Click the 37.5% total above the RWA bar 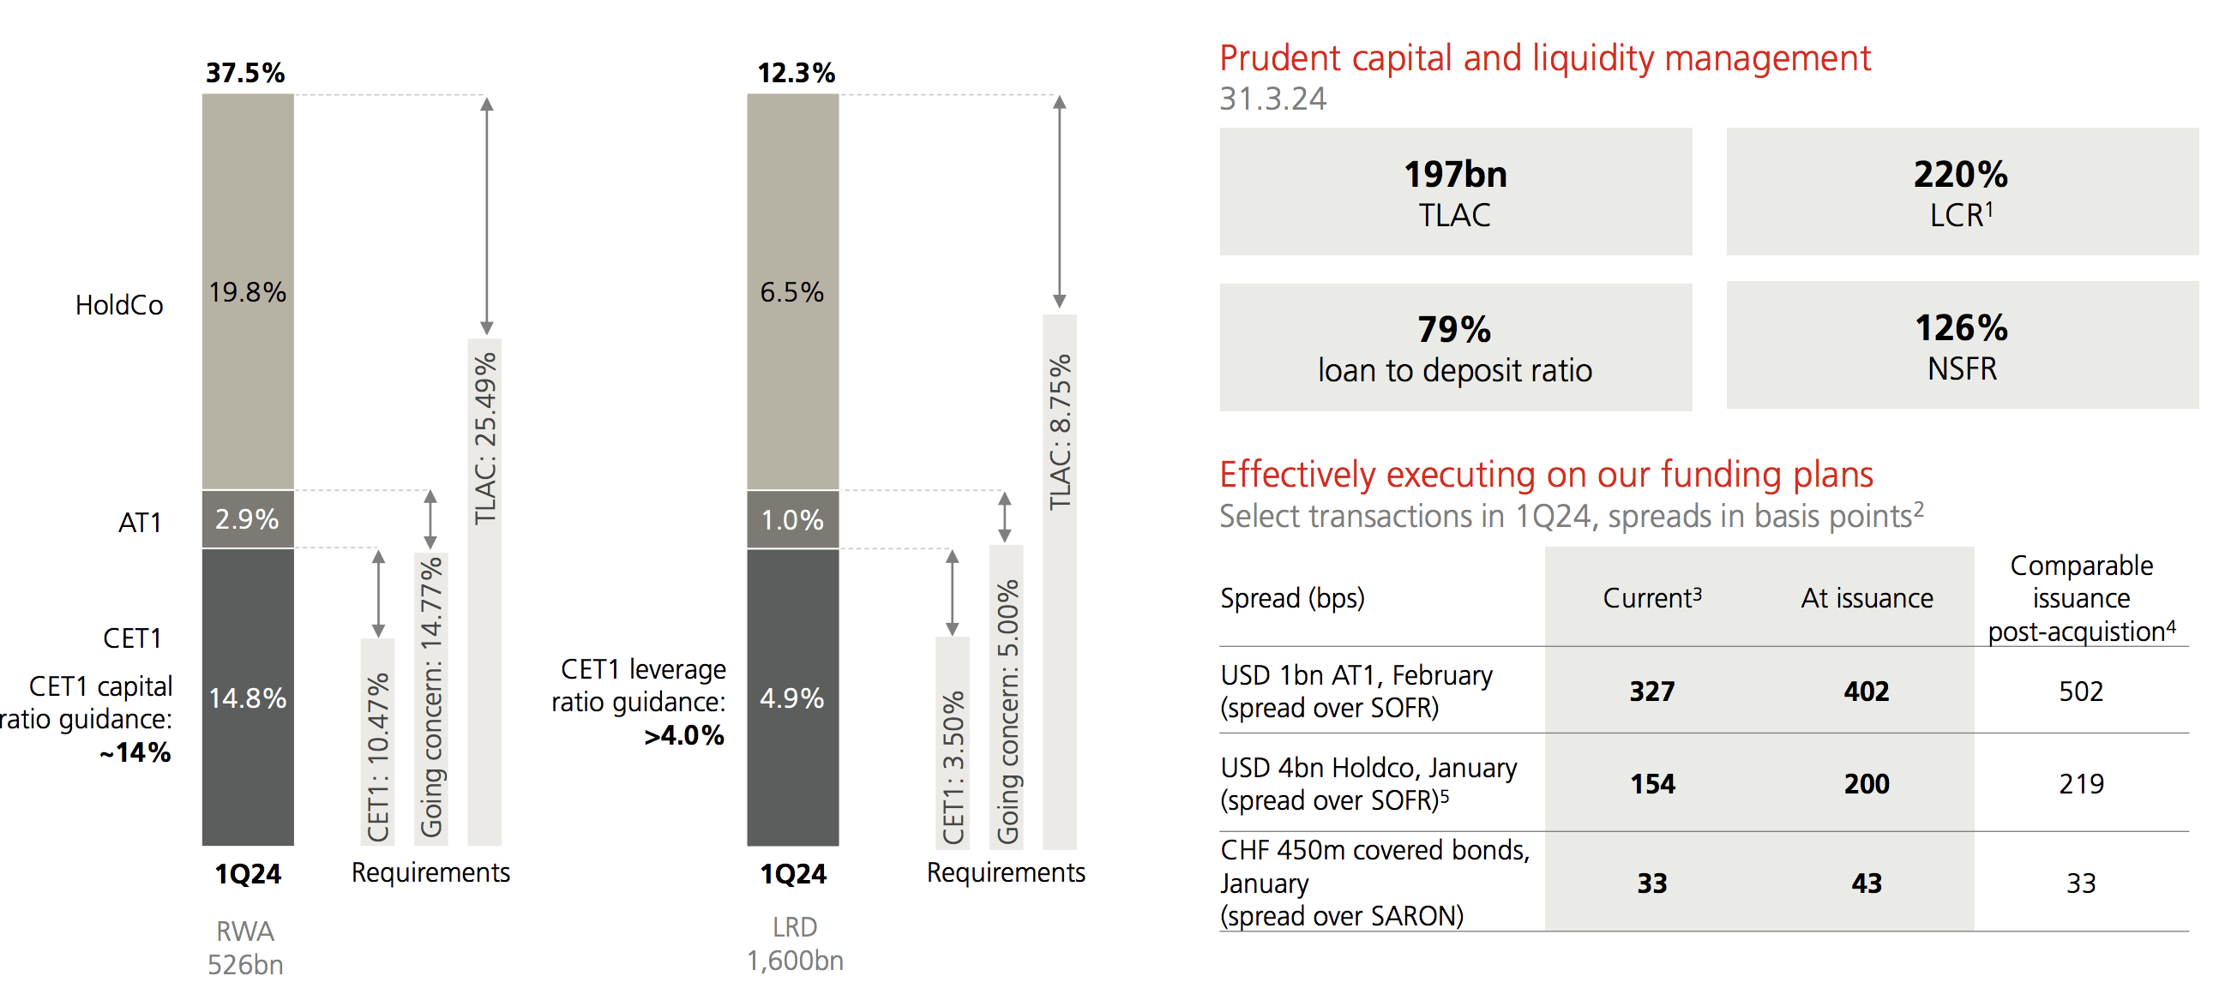click(245, 73)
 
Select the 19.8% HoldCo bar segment click(248, 292)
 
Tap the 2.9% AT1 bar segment click(248, 518)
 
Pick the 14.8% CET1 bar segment click(248, 697)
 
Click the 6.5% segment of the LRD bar click(792, 292)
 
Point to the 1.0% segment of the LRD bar click(792, 519)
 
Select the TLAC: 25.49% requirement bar click(485, 589)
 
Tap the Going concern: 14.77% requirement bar click(431, 697)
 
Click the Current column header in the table click(1651, 597)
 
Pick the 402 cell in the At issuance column click(1867, 691)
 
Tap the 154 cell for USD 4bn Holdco click(1652, 783)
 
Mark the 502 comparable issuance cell click(2081, 691)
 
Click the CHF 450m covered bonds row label click(1374, 883)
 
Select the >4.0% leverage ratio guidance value click(684, 735)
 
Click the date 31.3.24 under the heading click(1272, 99)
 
